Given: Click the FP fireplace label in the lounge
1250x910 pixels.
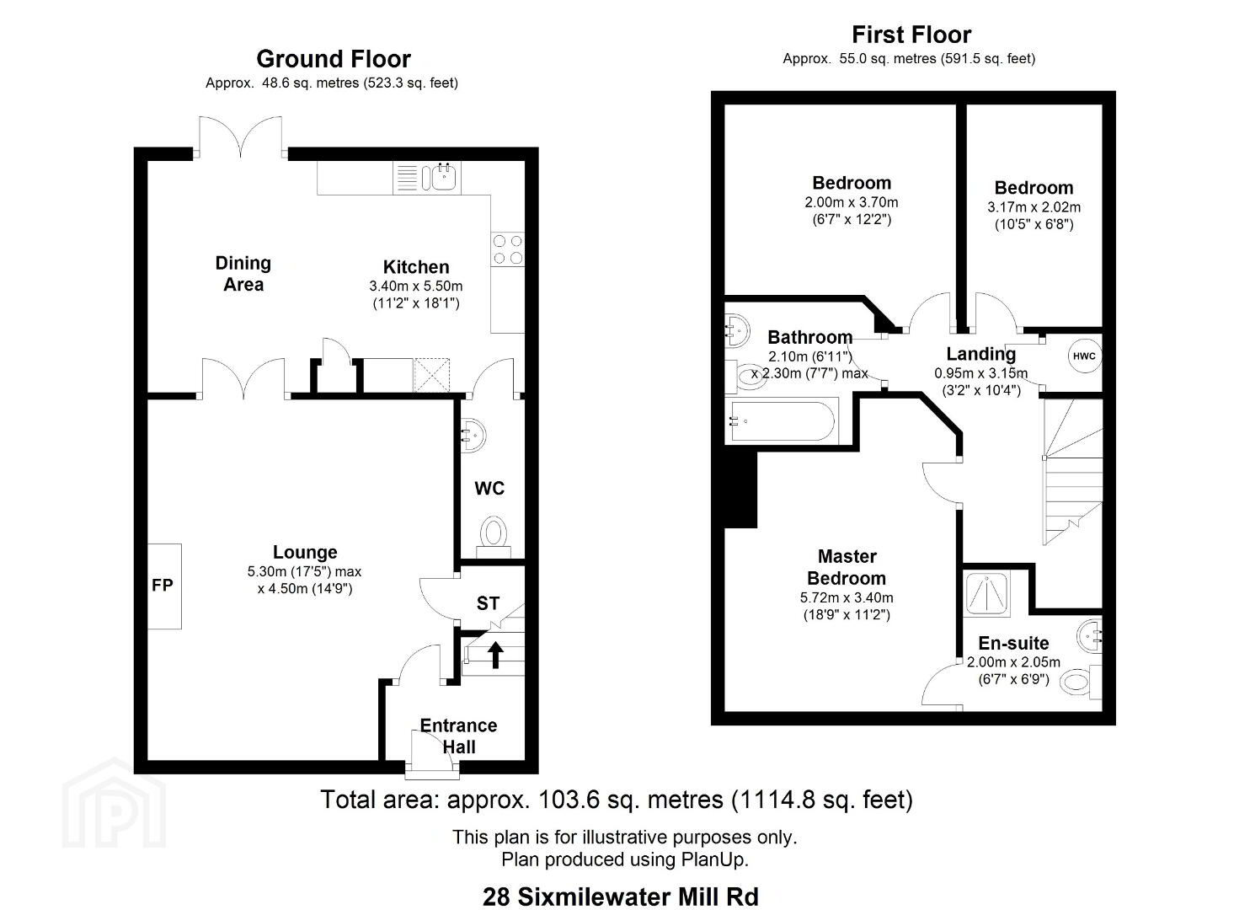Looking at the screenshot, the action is pyautogui.click(x=163, y=585).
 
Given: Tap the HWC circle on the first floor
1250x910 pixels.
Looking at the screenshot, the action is pyautogui.click(x=1084, y=356).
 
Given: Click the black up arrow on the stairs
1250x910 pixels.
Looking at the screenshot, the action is pyautogui.click(x=495, y=655).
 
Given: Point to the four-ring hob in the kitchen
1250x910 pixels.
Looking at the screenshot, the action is pyautogui.click(x=508, y=249).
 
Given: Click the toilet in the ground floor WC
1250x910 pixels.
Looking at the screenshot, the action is pyautogui.click(x=494, y=537).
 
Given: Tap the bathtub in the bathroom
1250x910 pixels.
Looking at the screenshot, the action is pyautogui.click(x=782, y=421).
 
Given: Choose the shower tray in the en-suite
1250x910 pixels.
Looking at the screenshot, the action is pyautogui.click(x=987, y=593).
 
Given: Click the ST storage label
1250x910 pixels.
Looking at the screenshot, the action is pyautogui.click(x=488, y=603).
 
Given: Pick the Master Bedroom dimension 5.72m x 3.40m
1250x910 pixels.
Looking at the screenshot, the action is pyautogui.click(x=847, y=597).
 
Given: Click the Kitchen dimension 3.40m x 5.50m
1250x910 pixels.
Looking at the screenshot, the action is pyautogui.click(x=416, y=286).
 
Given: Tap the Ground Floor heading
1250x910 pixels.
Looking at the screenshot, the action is pyautogui.click(x=334, y=59).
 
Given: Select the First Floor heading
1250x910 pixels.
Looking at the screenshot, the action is pyautogui.click(x=911, y=35).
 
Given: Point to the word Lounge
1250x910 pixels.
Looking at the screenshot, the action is pyautogui.click(x=305, y=552).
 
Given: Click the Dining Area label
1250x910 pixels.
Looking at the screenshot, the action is pyautogui.click(x=243, y=274).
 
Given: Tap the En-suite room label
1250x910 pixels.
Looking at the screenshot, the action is pyautogui.click(x=1013, y=643).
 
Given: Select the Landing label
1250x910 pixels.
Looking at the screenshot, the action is pyautogui.click(x=981, y=354).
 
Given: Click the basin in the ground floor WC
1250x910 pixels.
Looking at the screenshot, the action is pyautogui.click(x=473, y=435).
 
